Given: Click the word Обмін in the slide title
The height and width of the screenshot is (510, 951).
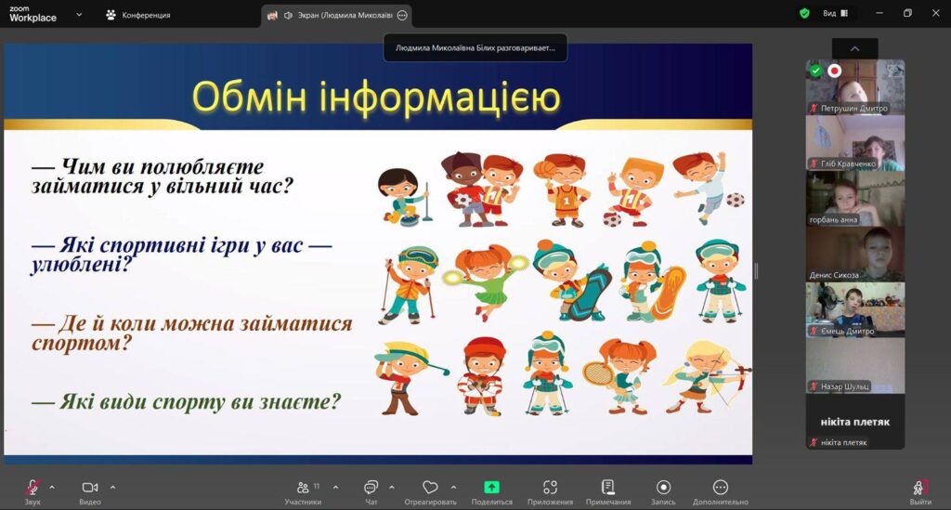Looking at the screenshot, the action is [250, 97].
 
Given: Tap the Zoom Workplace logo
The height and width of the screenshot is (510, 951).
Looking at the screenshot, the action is [33, 14].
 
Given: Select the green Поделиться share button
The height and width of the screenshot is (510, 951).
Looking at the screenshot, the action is [491, 487].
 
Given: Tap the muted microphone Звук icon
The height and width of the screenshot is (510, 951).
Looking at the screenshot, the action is [33, 487].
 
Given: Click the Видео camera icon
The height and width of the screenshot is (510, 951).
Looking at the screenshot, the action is [90, 487].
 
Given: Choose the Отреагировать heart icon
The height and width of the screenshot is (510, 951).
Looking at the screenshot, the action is [430, 487].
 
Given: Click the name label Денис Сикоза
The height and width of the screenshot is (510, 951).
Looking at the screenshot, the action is [834, 275].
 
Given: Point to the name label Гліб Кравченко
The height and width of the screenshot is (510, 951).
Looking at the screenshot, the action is [847, 163].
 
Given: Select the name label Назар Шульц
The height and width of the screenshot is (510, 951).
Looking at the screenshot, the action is [844, 386].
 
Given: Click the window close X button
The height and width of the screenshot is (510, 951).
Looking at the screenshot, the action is [935, 13].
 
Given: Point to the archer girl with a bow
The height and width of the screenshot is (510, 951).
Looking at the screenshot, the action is [707, 376].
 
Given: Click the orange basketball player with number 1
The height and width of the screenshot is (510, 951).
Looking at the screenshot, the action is [562, 190].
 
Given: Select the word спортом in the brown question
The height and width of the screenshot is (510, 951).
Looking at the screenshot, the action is [82, 344].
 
